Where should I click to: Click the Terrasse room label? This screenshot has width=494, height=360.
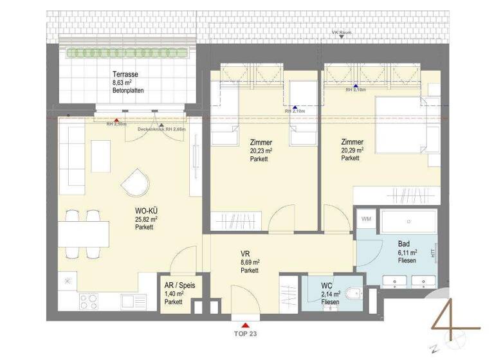point(125,74)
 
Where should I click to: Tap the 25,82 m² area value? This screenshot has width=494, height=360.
point(146,219)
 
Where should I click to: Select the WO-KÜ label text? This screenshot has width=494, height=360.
point(146,210)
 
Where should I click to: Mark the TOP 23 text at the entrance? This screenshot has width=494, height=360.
point(245,334)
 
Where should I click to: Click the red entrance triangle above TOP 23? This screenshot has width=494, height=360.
point(245,325)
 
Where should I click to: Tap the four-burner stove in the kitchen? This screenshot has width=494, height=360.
point(89,300)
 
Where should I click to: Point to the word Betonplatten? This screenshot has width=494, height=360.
point(128,91)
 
